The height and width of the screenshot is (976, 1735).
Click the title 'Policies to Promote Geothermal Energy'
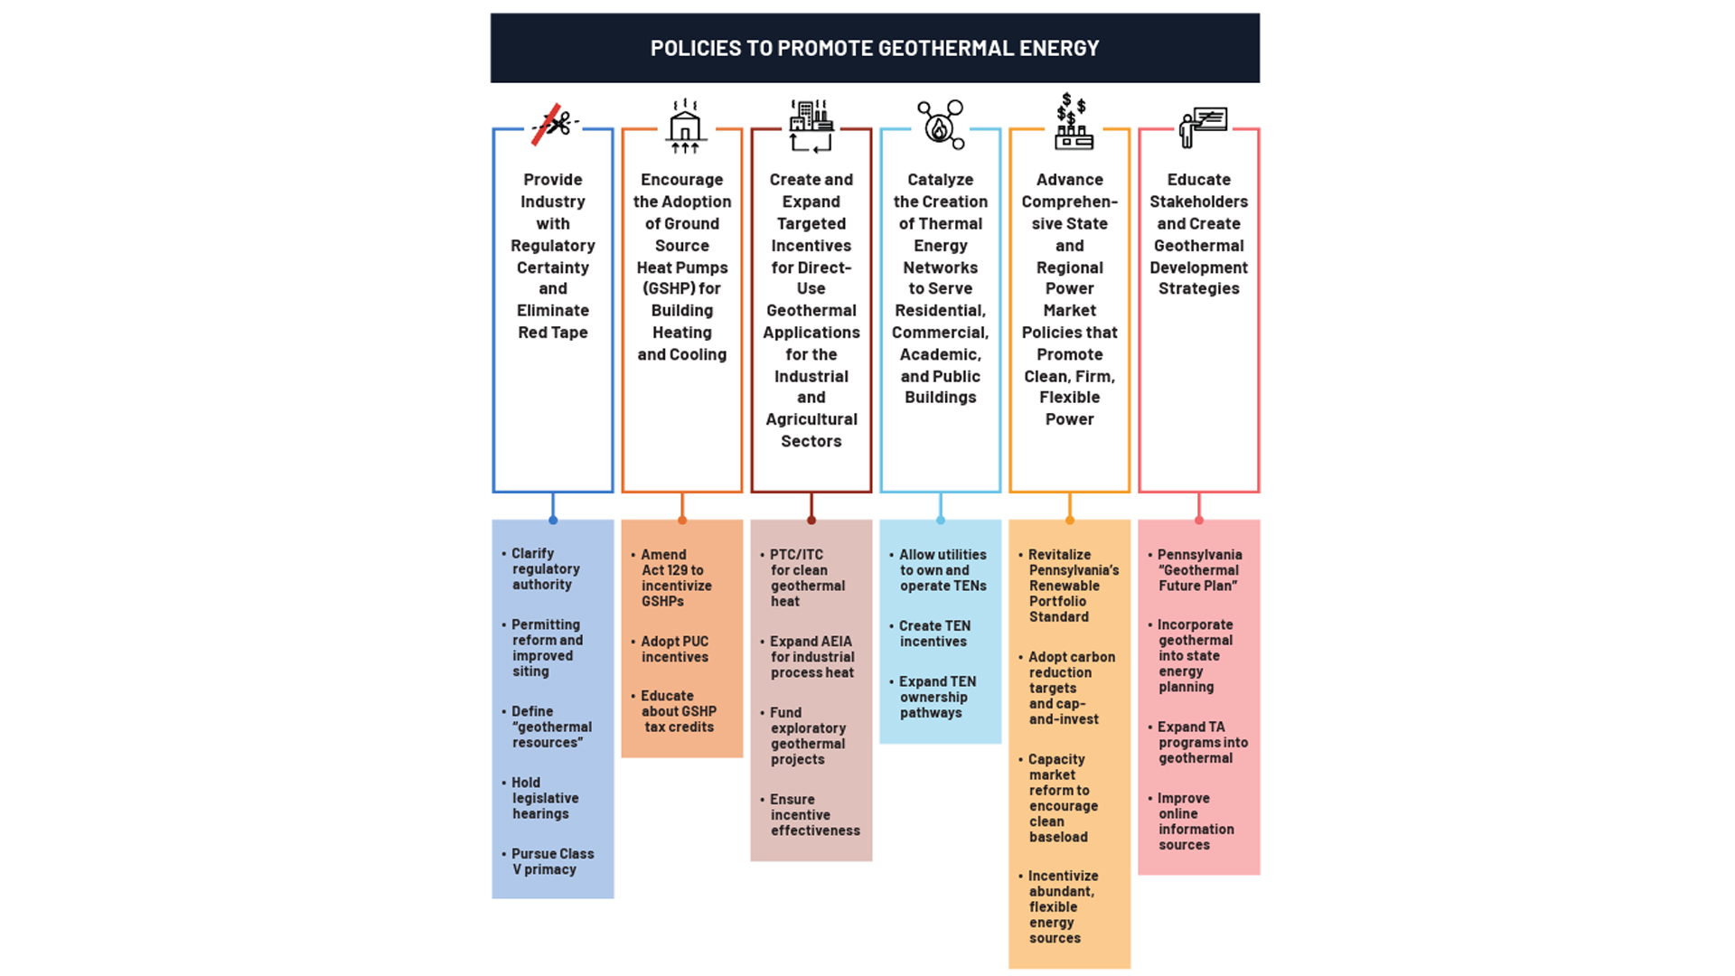[x=874, y=48]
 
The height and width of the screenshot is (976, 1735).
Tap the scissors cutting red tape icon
[x=554, y=123]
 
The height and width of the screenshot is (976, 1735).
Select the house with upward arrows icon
[x=684, y=125]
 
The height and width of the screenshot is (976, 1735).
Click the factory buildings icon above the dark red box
[x=811, y=125]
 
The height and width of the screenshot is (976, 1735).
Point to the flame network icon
[x=941, y=125]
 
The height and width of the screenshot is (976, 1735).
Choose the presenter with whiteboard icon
[x=1202, y=127]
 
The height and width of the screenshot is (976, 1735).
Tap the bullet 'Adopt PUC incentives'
[x=674, y=649]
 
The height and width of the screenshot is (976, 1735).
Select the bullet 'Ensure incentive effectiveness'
[x=813, y=815]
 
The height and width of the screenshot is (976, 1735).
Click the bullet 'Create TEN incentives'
[x=933, y=633]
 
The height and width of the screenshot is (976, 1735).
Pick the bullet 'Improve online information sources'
[x=1195, y=821]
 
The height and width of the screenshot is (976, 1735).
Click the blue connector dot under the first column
[x=553, y=521]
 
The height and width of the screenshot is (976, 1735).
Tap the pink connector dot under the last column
[x=1199, y=521]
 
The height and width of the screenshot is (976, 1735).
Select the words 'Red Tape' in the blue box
[x=553, y=333]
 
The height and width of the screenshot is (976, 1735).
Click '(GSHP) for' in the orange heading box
[x=681, y=289]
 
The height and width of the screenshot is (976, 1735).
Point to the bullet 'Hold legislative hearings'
[x=544, y=798]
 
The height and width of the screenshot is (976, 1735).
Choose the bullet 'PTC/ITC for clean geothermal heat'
[x=806, y=578]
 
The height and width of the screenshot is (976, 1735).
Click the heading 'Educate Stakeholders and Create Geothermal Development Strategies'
[x=1198, y=234]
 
